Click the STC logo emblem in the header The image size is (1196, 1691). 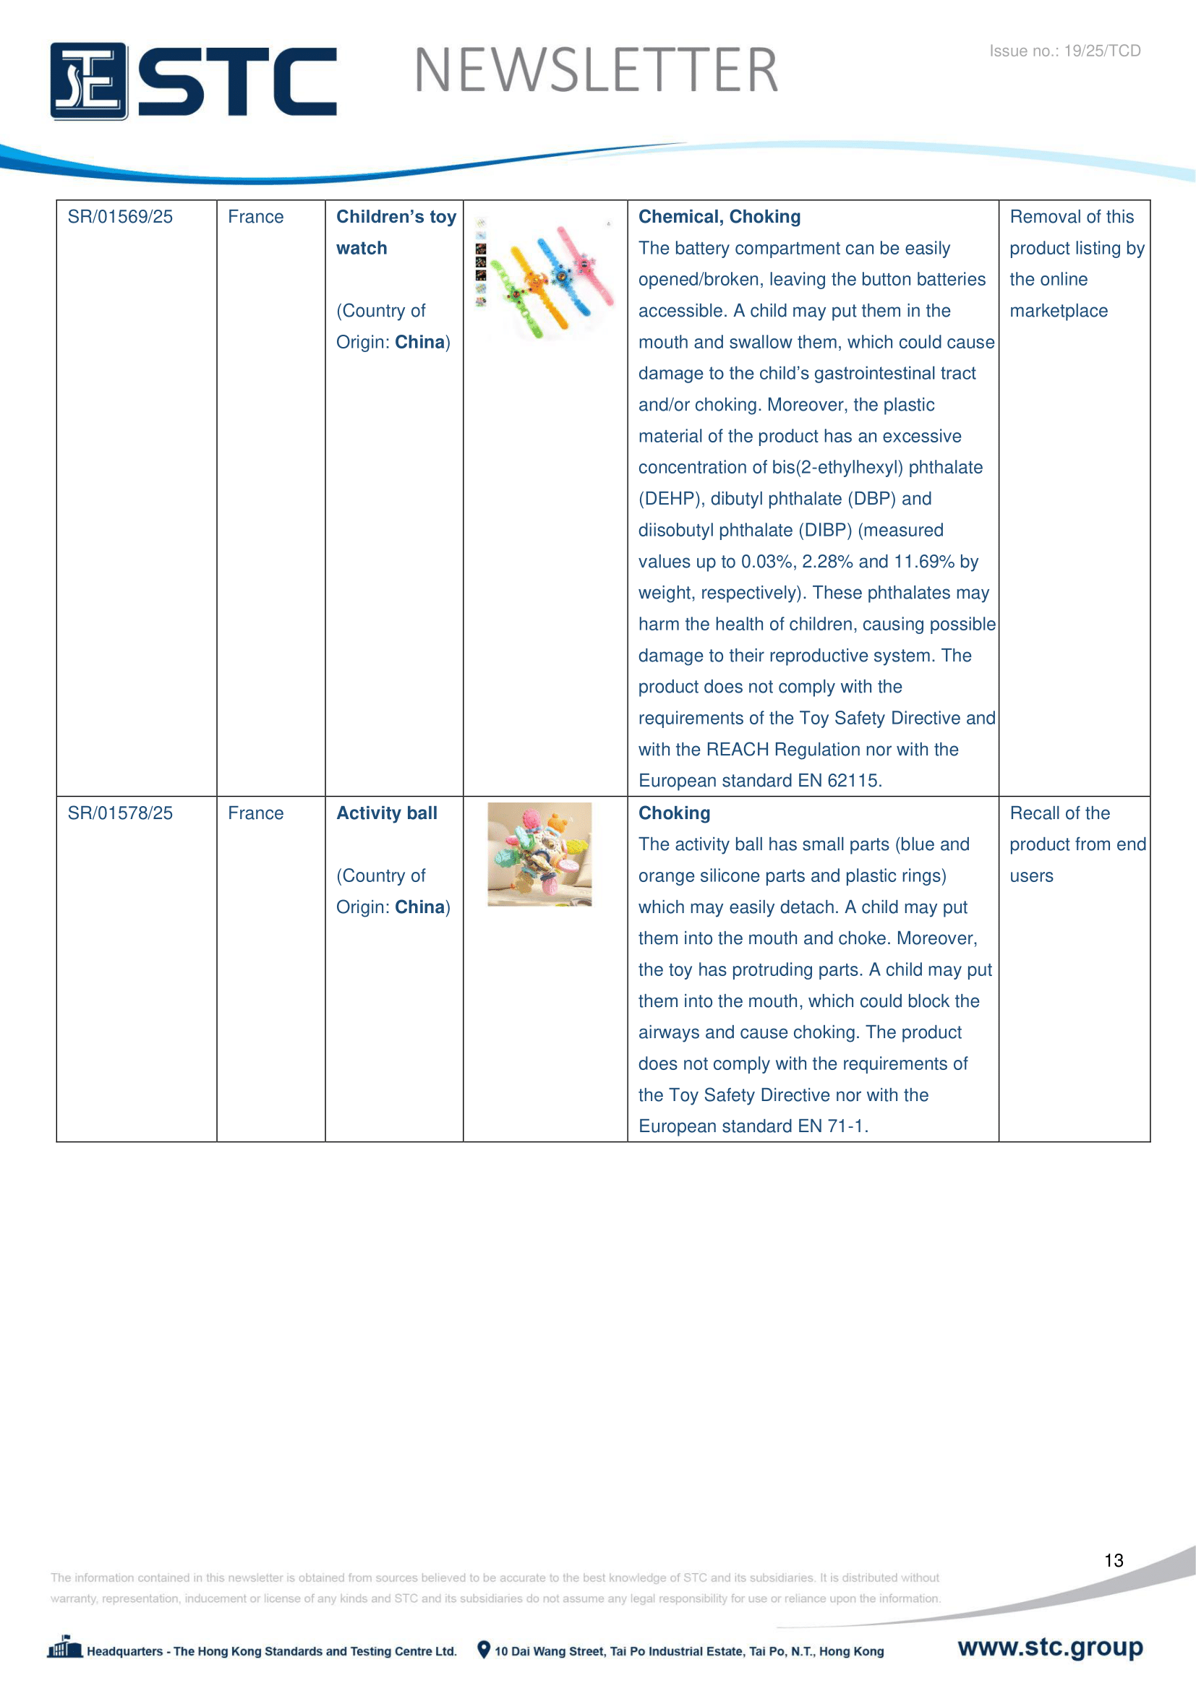pos(89,81)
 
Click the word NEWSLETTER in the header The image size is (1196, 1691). pos(596,71)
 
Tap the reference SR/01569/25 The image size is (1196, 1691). pos(120,217)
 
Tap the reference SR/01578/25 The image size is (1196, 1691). pos(120,813)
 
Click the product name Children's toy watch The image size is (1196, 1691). pos(396,232)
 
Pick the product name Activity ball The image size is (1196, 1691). pos(387,813)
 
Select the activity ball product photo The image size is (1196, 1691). pos(539,854)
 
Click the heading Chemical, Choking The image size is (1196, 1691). pos(719,217)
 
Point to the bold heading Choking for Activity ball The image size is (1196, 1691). pos(674,813)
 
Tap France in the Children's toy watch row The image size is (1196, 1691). pos(255,217)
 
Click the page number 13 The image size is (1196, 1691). pos(1114,1561)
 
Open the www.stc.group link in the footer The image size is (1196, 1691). pos(1049,1647)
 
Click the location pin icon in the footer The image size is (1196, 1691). pos(483,1650)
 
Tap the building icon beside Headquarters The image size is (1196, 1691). pos(65,1648)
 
